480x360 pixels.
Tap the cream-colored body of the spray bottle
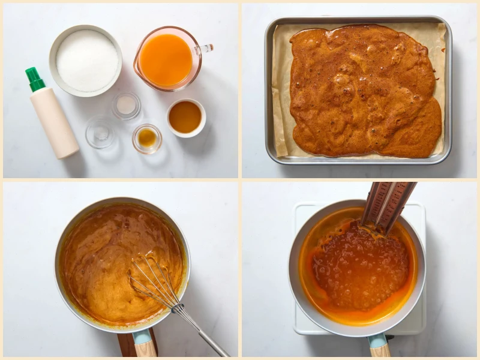tap(55, 122)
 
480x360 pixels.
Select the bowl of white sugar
tap(86, 60)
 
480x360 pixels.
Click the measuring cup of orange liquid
tap(166, 59)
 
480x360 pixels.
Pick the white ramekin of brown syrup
tap(185, 117)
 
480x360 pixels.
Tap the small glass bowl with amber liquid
tap(147, 138)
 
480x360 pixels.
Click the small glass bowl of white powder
tap(126, 106)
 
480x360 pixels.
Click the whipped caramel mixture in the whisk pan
tap(102, 258)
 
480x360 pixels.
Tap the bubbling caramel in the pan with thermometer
tap(354, 264)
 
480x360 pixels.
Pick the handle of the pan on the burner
tap(379, 347)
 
